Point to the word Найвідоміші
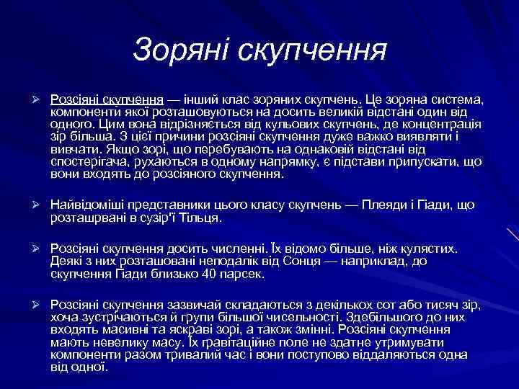[88, 206]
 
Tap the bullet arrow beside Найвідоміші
[35, 206]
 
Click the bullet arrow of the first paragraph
[35, 98]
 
